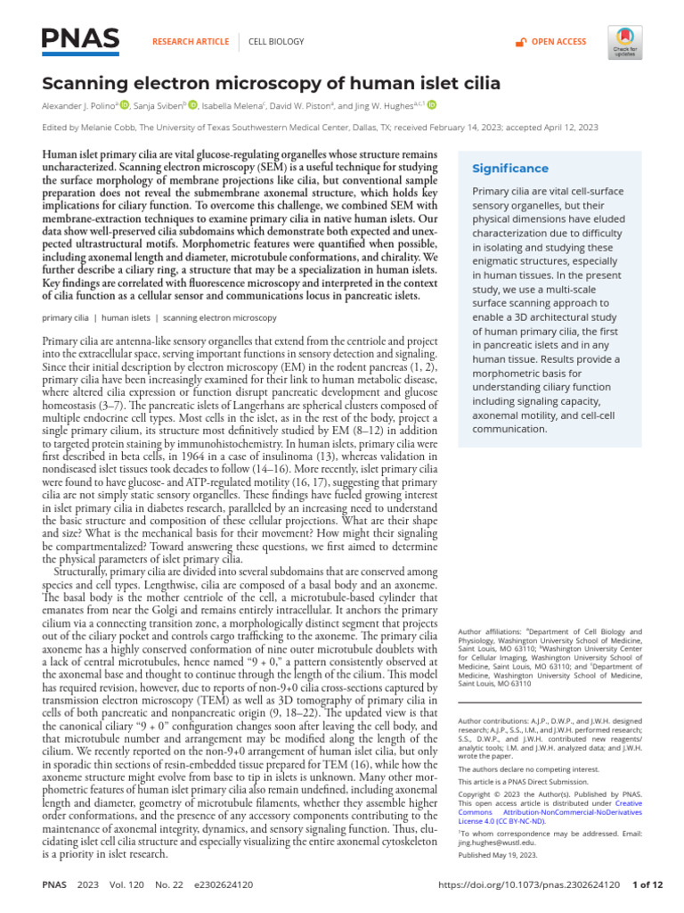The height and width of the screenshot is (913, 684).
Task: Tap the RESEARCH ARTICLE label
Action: click(191, 42)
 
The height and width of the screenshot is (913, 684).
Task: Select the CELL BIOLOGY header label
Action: click(275, 42)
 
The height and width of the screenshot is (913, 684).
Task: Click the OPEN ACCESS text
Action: click(558, 42)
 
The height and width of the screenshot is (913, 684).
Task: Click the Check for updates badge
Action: click(625, 42)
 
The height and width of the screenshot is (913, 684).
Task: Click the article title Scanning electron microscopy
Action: click(271, 84)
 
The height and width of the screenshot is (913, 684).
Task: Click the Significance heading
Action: click(509, 169)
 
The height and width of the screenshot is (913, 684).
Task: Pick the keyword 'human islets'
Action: click(126, 317)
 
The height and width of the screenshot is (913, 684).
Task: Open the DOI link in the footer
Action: click(530, 885)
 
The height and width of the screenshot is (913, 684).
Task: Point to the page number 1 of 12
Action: click(647, 885)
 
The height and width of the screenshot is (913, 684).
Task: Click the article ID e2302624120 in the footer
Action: click(222, 885)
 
